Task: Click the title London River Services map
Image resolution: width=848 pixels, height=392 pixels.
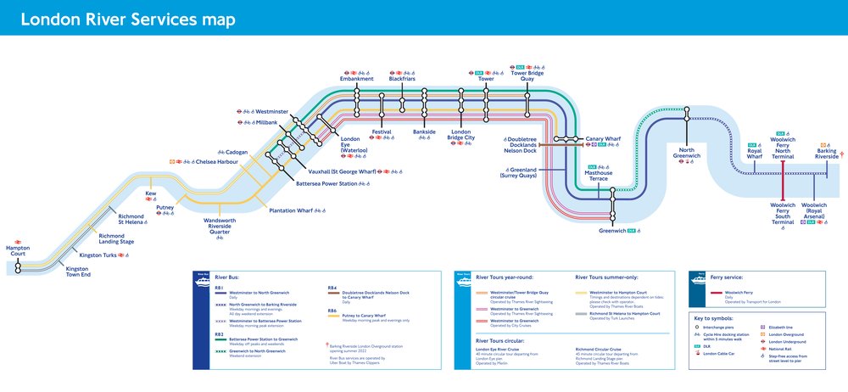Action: click(x=127, y=19)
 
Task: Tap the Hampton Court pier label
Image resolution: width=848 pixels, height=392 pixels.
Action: click(x=18, y=249)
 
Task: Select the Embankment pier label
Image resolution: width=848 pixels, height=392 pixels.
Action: click(x=357, y=78)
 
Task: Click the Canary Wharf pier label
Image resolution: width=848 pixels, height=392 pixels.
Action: click(x=604, y=138)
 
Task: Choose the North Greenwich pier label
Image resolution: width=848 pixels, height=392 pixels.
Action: click(x=687, y=153)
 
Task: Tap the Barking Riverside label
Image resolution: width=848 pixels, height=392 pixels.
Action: click(x=827, y=153)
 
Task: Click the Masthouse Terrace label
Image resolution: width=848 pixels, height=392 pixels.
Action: click(x=597, y=176)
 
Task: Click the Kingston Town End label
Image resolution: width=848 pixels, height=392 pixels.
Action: click(x=78, y=272)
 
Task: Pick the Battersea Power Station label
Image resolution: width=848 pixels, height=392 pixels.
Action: click(x=326, y=183)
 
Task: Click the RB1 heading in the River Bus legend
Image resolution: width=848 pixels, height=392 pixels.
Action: click(x=219, y=288)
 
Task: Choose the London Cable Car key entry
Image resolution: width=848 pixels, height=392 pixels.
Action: click(x=721, y=354)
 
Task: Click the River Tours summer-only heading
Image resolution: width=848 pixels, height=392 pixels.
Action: click(x=607, y=277)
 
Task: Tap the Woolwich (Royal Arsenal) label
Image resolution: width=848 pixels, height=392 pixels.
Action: click(x=814, y=211)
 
